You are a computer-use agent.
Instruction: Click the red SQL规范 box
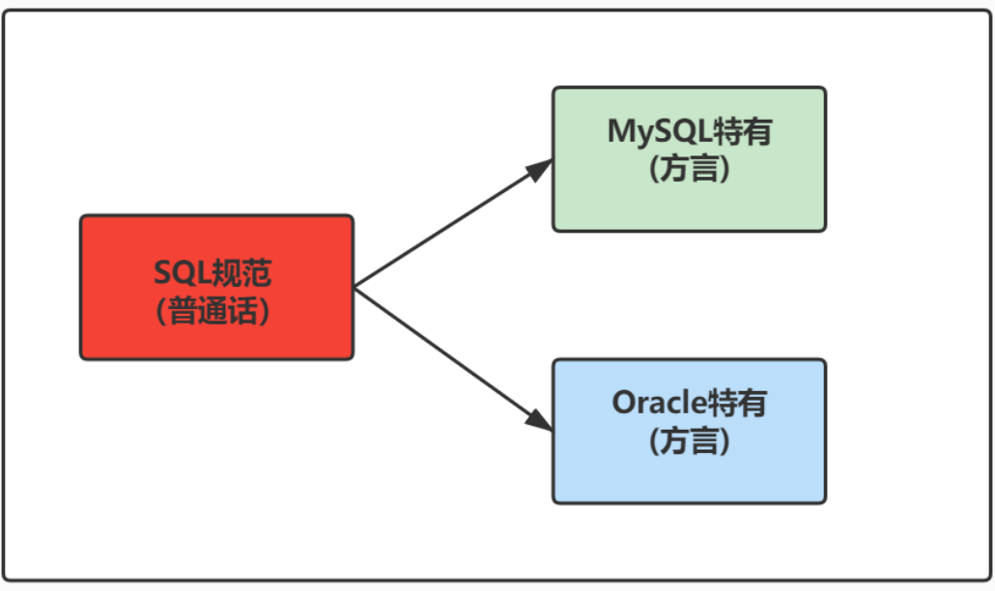point(216,288)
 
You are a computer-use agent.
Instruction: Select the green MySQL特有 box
point(689,159)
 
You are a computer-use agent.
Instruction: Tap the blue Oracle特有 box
point(689,432)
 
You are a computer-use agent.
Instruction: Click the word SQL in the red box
point(183,273)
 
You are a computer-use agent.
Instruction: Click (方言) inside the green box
point(688,170)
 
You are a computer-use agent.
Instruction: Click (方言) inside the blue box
point(688,442)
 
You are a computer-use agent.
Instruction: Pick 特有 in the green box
point(743,131)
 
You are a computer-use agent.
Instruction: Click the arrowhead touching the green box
point(540,168)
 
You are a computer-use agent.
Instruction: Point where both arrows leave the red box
point(355,288)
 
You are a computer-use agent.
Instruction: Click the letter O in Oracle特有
point(623,403)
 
